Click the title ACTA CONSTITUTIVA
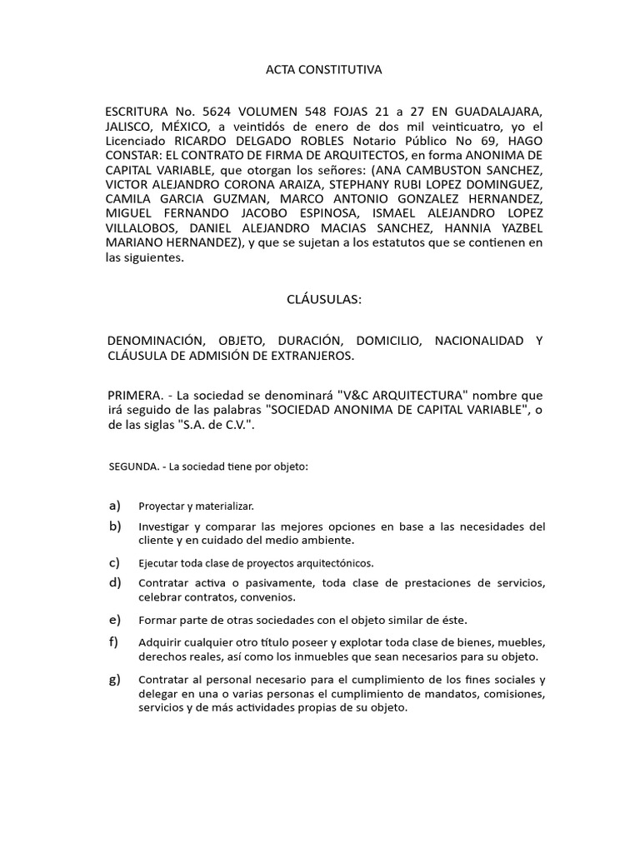click(x=323, y=70)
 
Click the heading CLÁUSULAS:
click(x=323, y=300)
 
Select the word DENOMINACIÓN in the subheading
click(x=157, y=341)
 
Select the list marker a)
click(x=114, y=506)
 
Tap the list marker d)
click(x=114, y=581)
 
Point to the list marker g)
click(x=114, y=679)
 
